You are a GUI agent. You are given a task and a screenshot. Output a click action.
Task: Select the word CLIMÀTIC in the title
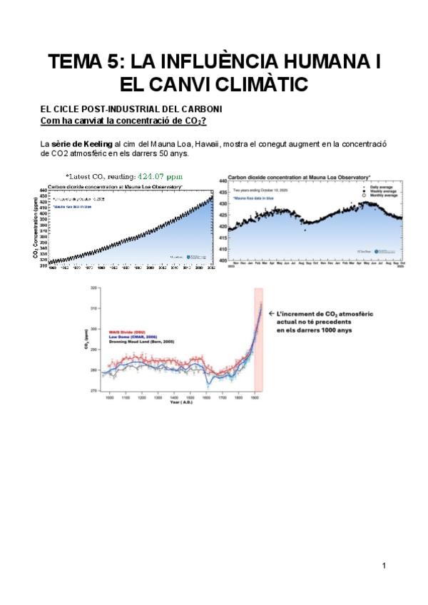(x=252, y=85)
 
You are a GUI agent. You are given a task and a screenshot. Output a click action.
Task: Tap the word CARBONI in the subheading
(x=203, y=108)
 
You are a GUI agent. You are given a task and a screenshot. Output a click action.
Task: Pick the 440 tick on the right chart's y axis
(x=222, y=183)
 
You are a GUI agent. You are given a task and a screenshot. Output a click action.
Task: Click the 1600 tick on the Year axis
(x=206, y=397)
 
